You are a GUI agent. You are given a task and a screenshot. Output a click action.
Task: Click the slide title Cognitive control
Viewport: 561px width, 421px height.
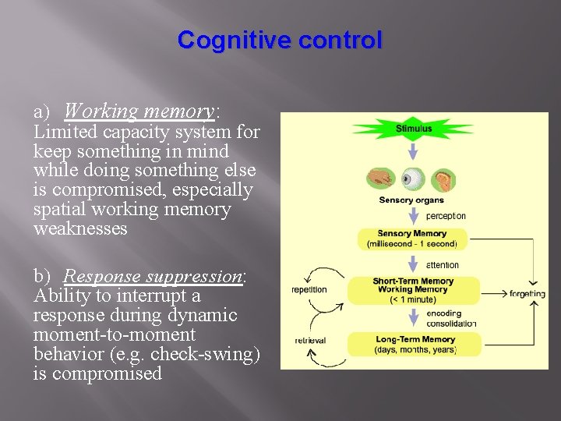coord(280,40)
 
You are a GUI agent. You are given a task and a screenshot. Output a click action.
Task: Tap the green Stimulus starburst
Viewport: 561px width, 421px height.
coord(413,128)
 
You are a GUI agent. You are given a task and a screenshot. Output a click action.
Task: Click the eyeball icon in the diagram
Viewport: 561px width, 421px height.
coord(412,179)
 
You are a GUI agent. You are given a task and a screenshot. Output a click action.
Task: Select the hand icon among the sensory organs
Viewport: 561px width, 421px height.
coord(381,178)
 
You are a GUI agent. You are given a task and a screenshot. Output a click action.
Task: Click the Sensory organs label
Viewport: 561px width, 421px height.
coord(411,200)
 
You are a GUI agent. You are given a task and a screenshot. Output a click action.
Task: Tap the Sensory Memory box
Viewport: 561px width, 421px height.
coord(411,239)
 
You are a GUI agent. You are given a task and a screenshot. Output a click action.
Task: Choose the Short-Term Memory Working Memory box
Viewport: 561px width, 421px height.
coord(413,290)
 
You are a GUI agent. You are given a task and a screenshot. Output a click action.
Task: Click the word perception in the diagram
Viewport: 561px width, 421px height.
coord(446,216)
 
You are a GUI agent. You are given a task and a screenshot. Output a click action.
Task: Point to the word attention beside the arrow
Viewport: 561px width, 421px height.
coord(443,265)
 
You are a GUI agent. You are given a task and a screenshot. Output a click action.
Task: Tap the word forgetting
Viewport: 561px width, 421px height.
coord(527,294)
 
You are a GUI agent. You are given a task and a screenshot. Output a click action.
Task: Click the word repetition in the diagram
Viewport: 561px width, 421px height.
coord(309,290)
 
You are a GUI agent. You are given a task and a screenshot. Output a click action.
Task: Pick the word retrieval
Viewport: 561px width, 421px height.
coord(309,341)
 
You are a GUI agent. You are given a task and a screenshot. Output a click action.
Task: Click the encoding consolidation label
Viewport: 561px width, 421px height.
coord(451,318)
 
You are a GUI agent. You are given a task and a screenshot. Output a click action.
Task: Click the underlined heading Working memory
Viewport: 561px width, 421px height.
coord(139,111)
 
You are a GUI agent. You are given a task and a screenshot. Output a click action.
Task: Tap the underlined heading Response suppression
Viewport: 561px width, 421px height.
coord(153,277)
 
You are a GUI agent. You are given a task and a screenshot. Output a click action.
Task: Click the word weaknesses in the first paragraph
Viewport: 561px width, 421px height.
coord(80,228)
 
